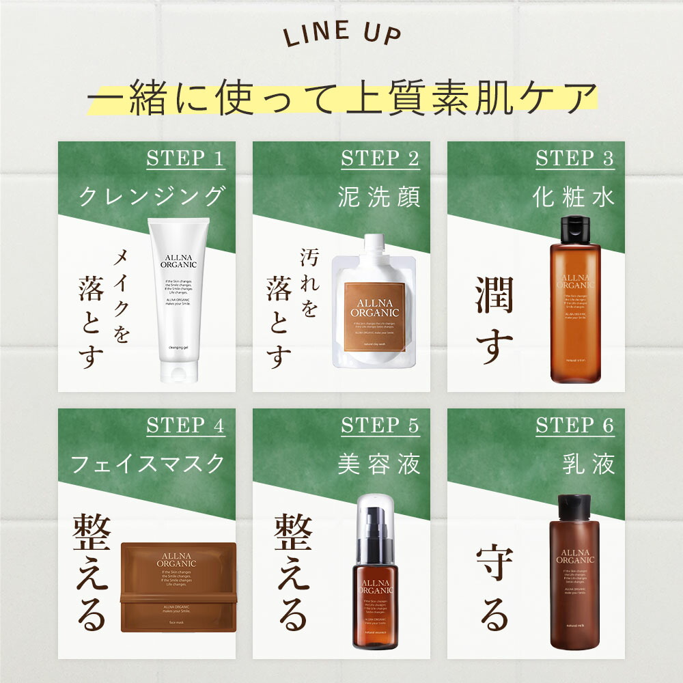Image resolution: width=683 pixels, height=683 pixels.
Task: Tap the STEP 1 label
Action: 185,159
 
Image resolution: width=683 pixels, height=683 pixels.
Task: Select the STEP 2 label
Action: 380,159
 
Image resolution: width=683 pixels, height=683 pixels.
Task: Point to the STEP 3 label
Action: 574,159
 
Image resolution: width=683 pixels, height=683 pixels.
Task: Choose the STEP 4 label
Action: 185,426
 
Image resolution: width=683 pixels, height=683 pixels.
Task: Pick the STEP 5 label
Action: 380,426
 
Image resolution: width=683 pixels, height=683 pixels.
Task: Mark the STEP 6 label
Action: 574,426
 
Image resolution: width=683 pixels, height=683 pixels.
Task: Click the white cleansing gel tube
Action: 180,301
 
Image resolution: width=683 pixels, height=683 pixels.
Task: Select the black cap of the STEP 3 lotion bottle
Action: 574,229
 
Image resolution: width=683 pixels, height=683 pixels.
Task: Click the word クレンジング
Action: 152,197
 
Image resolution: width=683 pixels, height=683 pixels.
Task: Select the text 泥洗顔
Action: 380,197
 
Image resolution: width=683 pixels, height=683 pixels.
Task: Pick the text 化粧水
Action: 574,197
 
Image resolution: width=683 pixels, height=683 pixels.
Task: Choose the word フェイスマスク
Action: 148,464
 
